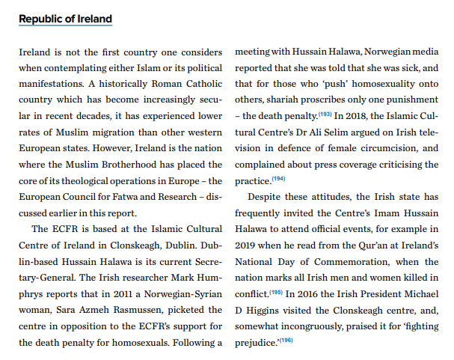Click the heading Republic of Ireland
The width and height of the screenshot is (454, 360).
click(x=66, y=19)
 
